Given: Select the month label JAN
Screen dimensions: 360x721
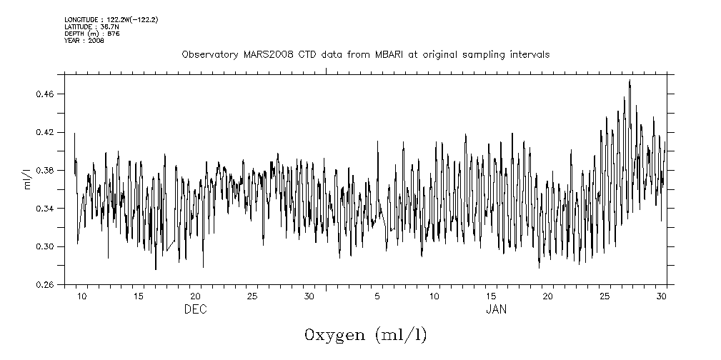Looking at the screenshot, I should coord(497,309).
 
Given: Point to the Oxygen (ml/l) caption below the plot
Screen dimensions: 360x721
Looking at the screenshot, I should coord(365,335).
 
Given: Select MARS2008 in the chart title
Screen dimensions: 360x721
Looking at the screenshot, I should coord(264,54).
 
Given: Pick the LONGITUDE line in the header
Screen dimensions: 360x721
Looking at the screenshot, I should coord(111,19).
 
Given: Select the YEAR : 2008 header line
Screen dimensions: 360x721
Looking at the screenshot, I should coord(84,41).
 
